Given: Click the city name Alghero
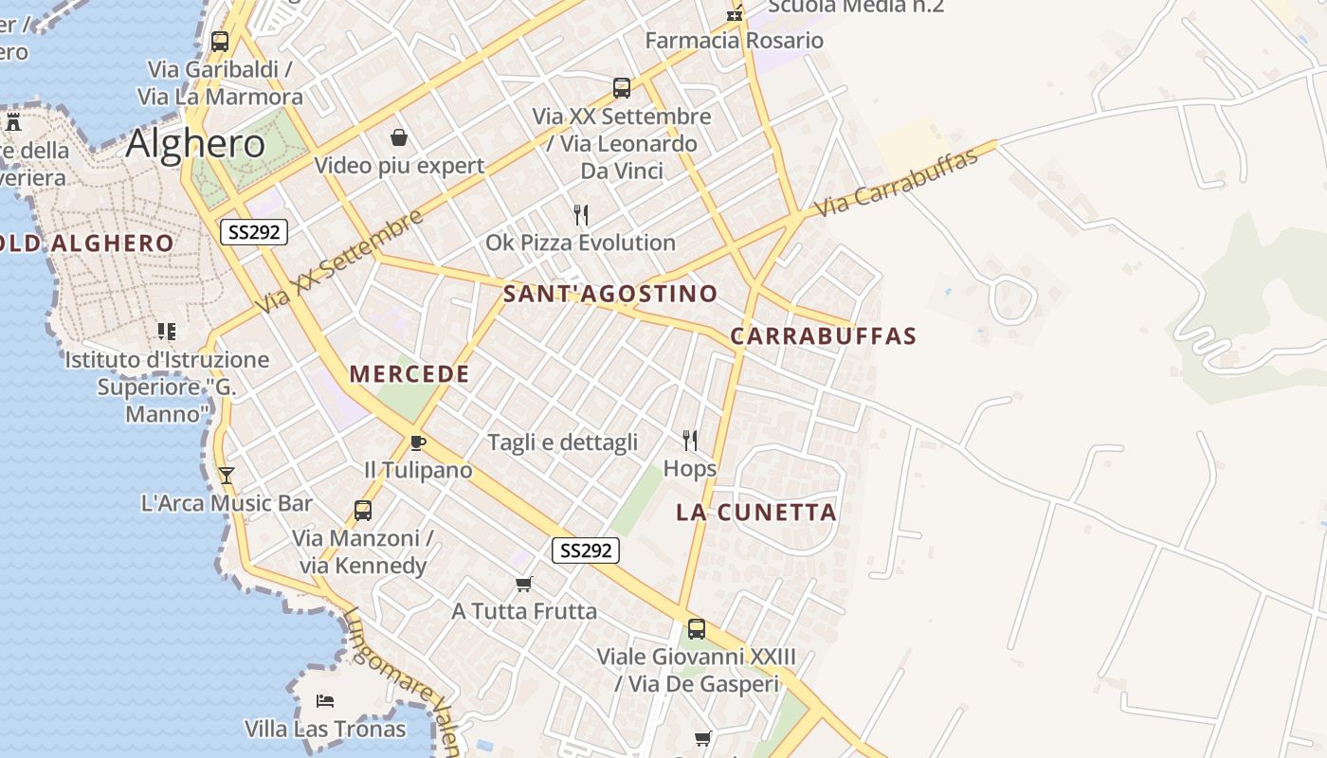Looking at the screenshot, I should [195, 143].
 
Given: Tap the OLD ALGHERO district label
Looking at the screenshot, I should [87, 244].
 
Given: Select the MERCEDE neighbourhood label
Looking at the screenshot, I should [409, 374].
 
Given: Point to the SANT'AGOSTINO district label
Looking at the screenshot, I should [610, 294].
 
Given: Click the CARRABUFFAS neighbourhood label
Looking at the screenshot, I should [824, 336].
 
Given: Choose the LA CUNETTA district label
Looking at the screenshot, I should [756, 513].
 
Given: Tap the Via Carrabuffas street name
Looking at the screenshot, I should [896, 183].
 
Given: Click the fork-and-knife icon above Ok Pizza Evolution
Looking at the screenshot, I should [581, 215].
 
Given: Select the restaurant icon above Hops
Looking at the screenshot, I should [690, 440].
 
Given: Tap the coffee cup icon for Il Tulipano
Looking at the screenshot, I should [417, 442].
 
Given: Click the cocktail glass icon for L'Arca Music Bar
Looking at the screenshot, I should [226, 475].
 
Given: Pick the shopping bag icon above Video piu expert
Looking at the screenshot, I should [399, 138].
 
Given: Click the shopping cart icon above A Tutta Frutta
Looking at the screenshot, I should [523, 584].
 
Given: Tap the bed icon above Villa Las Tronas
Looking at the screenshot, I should [325, 701].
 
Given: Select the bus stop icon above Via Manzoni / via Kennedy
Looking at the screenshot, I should [362, 511].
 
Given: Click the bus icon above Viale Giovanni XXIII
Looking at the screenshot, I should [696, 628].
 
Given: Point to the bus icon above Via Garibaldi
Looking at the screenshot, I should [220, 42].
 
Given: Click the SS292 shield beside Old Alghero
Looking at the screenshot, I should [253, 232].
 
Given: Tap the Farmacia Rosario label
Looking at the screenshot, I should [734, 41].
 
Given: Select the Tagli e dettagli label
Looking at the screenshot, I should [562, 442].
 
